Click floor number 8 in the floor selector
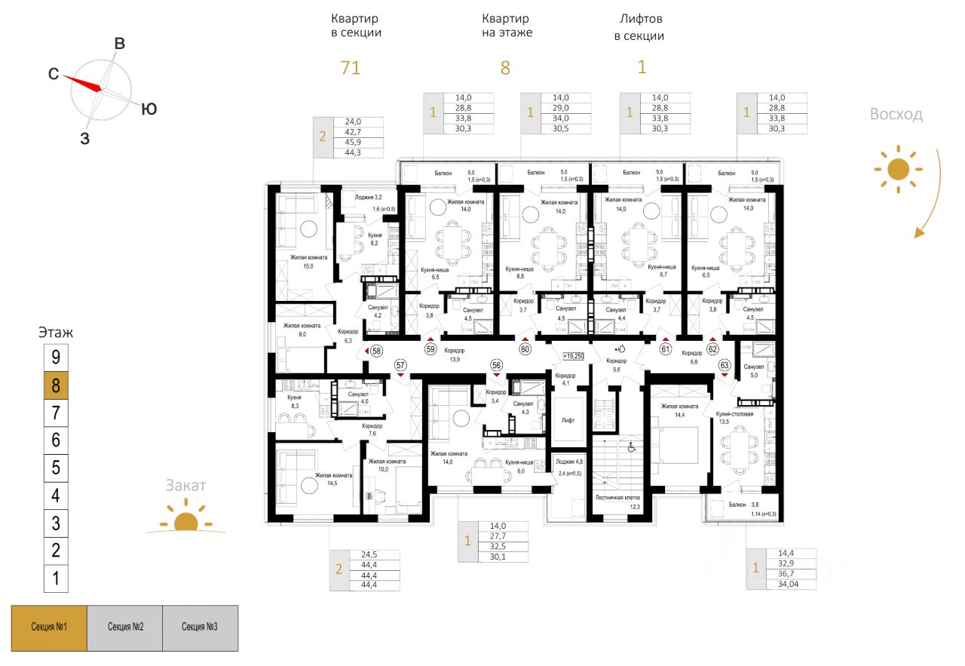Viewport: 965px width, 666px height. (56, 385)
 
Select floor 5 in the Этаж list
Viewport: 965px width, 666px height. (56, 468)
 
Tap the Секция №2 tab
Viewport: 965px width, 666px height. (125, 628)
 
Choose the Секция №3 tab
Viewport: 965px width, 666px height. (200, 628)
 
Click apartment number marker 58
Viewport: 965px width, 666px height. (376, 350)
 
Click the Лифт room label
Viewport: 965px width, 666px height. (568, 419)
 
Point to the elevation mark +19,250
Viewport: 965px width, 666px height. (573, 355)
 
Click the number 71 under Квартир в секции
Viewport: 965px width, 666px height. (350, 68)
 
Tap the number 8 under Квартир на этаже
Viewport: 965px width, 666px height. (505, 68)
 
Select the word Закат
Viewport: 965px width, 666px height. (185, 486)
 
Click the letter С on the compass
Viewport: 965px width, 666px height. (54, 74)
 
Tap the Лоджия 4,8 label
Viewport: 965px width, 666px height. (568, 462)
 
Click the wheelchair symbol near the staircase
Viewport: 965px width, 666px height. (633, 448)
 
